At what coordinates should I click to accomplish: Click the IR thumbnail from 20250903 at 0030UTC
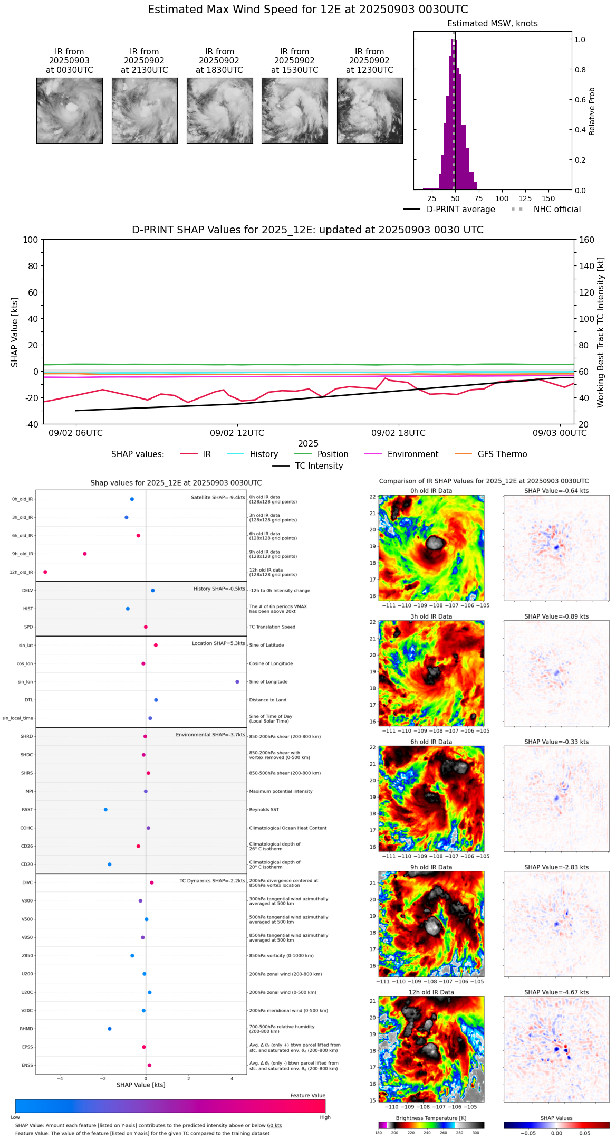point(69,110)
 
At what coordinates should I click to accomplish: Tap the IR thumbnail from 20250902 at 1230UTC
point(370,110)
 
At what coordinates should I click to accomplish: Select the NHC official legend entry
point(556,210)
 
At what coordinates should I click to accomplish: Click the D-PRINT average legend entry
point(460,210)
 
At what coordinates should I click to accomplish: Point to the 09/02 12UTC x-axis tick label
point(237,433)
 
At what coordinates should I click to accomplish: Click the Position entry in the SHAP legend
point(332,454)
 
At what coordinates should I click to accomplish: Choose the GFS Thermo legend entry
point(502,454)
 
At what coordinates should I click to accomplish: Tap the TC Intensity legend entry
point(319,466)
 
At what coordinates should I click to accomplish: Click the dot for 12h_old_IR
point(45,572)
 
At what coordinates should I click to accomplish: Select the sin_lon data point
point(237,682)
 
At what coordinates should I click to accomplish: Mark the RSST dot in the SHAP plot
point(105,810)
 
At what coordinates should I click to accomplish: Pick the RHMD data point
point(110,1029)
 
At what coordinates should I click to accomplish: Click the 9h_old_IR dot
point(85,554)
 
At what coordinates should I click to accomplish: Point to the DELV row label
point(27,591)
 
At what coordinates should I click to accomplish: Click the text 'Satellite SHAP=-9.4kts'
point(218,498)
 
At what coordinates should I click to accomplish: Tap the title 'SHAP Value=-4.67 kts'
point(556,992)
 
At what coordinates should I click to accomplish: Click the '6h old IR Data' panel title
point(431,742)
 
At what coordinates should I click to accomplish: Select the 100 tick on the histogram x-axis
point(502,198)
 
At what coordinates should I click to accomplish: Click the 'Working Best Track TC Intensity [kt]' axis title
point(601,333)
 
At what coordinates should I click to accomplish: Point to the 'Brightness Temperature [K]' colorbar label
point(431,1118)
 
